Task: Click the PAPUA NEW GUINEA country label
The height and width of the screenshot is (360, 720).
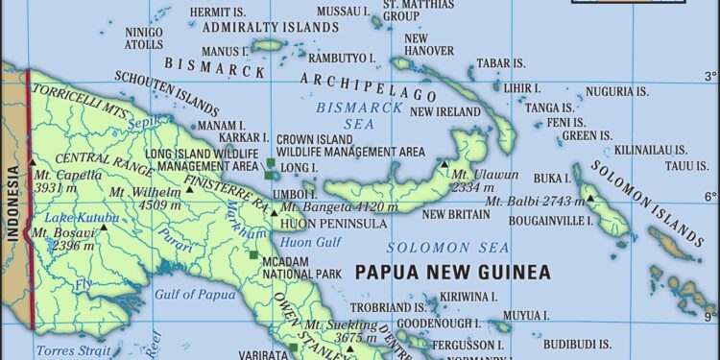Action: point(452,273)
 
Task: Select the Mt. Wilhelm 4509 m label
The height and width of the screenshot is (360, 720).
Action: point(143,198)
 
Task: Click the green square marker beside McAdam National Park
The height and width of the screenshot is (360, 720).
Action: point(253,255)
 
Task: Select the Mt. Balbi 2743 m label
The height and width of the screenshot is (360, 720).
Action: point(534,201)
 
